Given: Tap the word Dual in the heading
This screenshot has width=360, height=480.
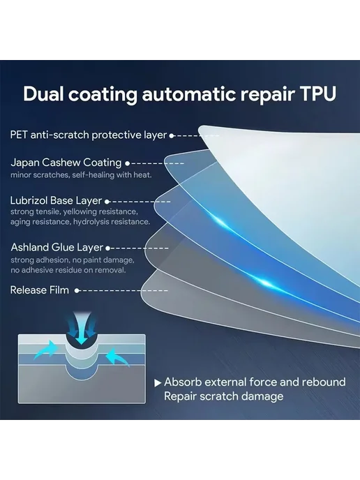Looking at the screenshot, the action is pyautogui.click(x=43, y=93).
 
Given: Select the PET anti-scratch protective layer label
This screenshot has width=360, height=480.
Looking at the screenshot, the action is pyautogui.click(x=89, y=135).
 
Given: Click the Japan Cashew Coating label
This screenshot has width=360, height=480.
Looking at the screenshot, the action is pyautogui.click(x=66, y=163).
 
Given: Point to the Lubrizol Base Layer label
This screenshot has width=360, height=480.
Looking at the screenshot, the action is pyautogui.click(x=56, y=200).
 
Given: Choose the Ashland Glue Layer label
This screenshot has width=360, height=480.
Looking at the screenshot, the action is pyautogui.click(x=57, y=248).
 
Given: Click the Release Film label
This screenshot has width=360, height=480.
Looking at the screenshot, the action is pyautogui.click(x=40, y=290).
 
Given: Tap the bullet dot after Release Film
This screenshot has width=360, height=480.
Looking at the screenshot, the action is pyautogui.click(x=77, y=290).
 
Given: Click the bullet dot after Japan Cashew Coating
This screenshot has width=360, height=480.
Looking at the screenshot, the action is pyautogui.click(x=128, y=164).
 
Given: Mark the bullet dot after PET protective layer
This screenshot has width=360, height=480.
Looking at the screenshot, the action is pyautogui.click(x=172, y=135).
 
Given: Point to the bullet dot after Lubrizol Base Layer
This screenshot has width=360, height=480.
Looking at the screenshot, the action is pyautogui.click(x=107, y=202).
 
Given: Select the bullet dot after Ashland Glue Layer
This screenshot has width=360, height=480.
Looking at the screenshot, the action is pyautogui.click(x=107, y=248).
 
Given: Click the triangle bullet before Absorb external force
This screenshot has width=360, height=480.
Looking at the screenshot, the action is pyautogui.click(x=158, y=383).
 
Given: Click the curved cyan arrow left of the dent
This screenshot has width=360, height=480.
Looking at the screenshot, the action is pyautogui.click(x=46, y=350).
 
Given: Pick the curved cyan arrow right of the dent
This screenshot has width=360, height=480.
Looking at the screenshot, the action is pyautogui.click(x=117, y=357).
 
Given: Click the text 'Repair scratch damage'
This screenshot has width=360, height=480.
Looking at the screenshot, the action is pyautogui.click(x=224, y=396).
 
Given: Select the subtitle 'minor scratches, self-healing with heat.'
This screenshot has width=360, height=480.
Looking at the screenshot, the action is pyautogui.click(x=81, y=175).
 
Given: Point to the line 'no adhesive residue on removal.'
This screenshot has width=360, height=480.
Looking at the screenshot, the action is pyautogui.click(x=68, y=270).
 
